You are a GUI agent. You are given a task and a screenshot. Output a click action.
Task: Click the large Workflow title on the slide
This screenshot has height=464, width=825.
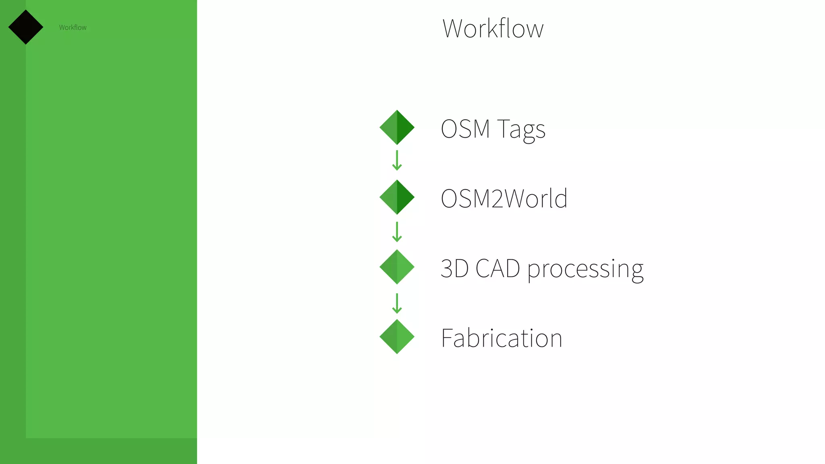(x=493, y=29)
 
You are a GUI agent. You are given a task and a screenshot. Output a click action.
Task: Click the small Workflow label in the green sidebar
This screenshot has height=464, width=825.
(x=73, y=27)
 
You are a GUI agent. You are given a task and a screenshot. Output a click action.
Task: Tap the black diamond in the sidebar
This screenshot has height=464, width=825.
(x=26, y=27)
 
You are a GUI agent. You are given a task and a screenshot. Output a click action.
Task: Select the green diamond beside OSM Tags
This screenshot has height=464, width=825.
(x=397, y=127)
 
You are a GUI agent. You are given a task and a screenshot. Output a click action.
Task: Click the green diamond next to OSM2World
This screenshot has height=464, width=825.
(x=397, y=197)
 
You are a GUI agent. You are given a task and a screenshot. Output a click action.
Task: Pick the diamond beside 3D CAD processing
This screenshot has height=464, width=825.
(x=397, y=267)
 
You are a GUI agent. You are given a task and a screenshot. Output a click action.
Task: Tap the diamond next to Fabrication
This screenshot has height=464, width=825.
(x=397, y=336)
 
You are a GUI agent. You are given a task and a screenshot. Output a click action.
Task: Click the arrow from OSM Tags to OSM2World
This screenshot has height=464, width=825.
(x=397, y=160)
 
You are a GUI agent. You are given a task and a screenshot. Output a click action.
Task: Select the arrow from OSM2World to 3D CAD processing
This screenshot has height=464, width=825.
(x=397, y=232)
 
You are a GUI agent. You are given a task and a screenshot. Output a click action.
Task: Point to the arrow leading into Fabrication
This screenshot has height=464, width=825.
(x=397, y=303)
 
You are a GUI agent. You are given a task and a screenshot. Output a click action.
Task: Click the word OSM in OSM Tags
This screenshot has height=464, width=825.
(x=465, y=129)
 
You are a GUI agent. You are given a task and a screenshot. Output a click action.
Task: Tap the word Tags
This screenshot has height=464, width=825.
(x=521, y=130)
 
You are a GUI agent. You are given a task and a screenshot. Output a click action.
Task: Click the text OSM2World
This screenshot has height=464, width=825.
(x=504, y=199)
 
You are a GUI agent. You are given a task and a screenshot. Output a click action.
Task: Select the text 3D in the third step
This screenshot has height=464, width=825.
(x=454, y=269)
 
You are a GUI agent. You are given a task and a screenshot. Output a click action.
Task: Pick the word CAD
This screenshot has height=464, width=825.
(x=498, y=269)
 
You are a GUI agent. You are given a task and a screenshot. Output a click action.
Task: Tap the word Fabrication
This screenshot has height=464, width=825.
(x=502, y=338)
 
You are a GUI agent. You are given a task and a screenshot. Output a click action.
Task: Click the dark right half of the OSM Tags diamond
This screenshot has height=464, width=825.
(x=405, y=127)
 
